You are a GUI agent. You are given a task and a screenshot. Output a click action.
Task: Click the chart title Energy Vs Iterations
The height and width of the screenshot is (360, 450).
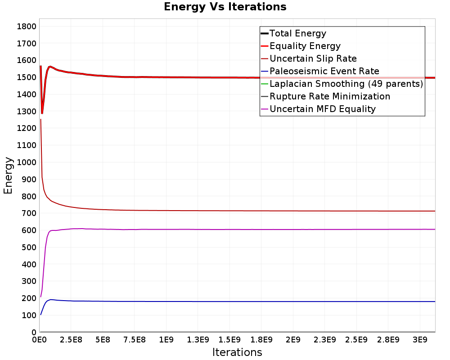225,7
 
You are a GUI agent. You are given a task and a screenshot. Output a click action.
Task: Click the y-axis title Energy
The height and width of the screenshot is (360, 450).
8,175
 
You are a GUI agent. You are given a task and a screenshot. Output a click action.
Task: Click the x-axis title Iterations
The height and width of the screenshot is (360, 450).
237,352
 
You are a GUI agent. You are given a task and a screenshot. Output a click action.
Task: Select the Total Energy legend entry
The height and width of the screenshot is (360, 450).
297,33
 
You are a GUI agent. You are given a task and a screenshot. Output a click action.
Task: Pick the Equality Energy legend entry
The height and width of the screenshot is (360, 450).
305,46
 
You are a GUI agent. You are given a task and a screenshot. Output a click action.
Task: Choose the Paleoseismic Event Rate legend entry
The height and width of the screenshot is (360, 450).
324,71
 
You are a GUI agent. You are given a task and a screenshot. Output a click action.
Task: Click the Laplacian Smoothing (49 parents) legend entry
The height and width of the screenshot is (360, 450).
346,84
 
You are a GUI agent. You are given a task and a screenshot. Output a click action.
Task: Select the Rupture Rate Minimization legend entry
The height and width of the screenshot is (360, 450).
329,96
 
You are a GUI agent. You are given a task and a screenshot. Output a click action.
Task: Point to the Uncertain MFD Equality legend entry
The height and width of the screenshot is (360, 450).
322,109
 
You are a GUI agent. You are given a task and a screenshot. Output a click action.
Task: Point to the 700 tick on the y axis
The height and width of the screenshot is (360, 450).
28,213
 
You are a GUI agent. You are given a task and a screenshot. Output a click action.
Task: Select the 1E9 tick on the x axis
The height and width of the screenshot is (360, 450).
166,339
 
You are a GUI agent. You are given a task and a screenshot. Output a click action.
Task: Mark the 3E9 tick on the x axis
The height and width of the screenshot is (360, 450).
420,339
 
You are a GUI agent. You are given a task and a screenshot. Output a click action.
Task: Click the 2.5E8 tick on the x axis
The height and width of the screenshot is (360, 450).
71,339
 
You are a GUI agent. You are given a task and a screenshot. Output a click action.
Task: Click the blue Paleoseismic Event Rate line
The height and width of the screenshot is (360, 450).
225,301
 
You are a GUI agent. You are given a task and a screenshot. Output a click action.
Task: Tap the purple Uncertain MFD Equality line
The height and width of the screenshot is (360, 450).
225,229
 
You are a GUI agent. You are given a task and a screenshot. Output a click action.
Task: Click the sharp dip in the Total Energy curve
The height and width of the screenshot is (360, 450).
42,112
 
